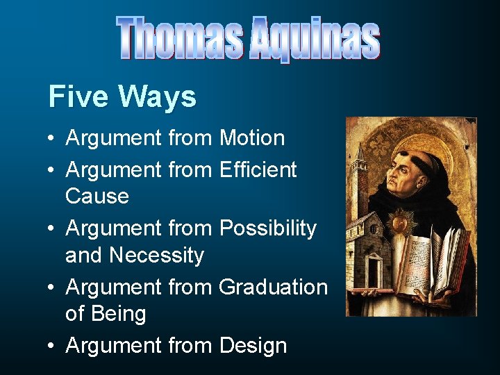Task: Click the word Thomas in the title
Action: (181, 38)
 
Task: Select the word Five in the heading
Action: (73, 97)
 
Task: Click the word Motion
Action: (252, 138)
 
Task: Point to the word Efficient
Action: (258, 169)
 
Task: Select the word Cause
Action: (97, 196)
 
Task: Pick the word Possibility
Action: (267, 228)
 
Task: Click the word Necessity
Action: (156, 255)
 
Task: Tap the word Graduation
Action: (273, 286)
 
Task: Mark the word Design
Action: (253, 345)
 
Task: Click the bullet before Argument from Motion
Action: (52, 139)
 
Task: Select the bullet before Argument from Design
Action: (52, 346)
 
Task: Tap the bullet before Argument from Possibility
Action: (52, 228)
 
